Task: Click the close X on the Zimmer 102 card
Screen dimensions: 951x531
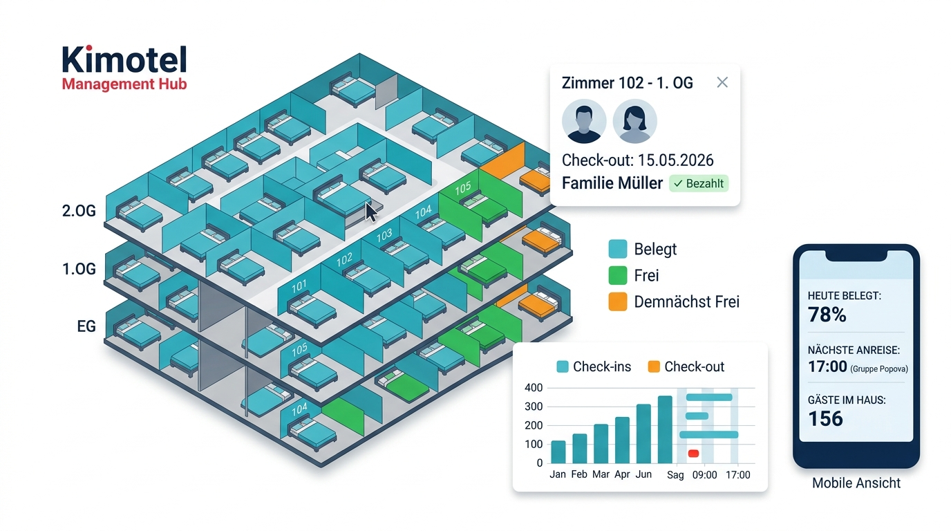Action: tap(722, 82)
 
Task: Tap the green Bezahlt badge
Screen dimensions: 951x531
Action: tap(699, 183)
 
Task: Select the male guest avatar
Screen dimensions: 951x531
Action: tap(584, 122)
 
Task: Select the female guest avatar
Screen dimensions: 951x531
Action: tap(635, 122)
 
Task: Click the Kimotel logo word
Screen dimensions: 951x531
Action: tap(124, 60)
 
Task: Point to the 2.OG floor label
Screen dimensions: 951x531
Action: tap(79, 211)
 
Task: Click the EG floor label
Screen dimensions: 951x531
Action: tap(86, 326)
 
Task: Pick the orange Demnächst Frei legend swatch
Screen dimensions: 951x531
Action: tap(618, 301)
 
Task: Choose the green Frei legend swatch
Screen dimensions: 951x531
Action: tap(618, 275)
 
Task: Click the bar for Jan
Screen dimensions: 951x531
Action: tap(558, 452)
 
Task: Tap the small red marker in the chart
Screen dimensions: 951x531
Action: tap(693, 454)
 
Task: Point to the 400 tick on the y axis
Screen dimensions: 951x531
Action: tap(534, 388)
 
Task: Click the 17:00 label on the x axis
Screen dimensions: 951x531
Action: tap(738, 475)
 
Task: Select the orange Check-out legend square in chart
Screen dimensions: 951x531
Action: tap(654, 366)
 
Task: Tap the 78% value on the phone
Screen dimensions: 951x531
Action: tap(827, 315)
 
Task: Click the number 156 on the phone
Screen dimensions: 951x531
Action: tap(825, 419)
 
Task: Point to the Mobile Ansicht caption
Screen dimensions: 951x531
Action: tap(856, 483)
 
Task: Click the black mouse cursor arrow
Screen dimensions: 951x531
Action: tap(370, 212)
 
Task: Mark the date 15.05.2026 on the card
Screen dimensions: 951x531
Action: tap(676, 160)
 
